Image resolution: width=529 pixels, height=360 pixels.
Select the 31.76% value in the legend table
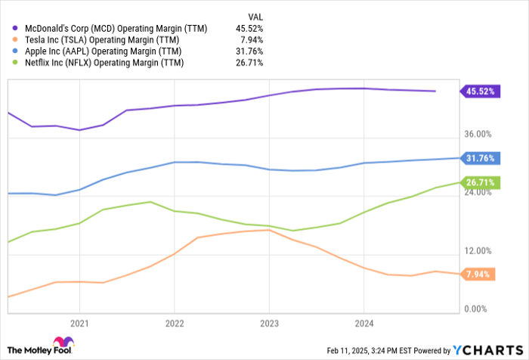pyautogui.click(x=250, y=51)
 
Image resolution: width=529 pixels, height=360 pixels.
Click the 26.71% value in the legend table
pyautogui.click(x=250, y=62)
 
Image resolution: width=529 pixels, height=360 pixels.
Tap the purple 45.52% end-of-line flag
pyautogui.click(x=477, y=92)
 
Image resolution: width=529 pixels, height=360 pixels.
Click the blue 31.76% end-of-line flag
pyautogui.click(x=477, y=158)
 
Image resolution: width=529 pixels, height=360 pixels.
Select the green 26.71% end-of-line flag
pyautogui.click(x=477, y=182)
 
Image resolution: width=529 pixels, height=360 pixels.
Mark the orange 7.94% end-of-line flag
pyautogui.click(x=477, y=274)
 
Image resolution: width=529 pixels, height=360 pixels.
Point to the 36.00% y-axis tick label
pyautogui.click(x=478, y=135)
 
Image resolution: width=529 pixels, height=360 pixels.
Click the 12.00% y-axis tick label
pyautogui.click(x=478, y=251)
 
